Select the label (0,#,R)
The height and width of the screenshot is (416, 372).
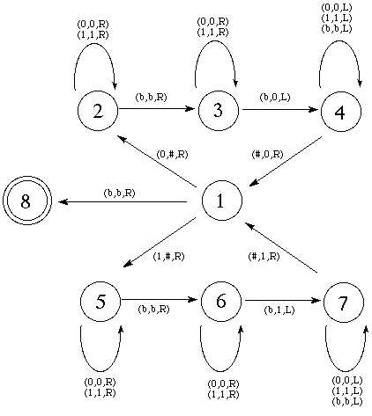tap(172, 154)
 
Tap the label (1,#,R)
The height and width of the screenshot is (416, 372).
tap(168, 256)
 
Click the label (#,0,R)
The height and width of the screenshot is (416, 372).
tap(267, 154)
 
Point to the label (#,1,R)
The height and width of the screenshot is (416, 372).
tap(264, 256)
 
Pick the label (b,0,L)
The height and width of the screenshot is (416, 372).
tap(275, 97)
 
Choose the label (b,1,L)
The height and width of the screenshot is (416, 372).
tap(279, 310)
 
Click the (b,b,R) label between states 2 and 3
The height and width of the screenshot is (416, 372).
tap(151, 97)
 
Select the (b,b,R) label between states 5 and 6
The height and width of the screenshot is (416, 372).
tap(153, 309)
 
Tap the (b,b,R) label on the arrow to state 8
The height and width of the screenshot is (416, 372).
tap(119, 193)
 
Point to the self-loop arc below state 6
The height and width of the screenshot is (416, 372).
tap(221, 371)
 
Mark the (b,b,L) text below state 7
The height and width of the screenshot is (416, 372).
tap(347, 401)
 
